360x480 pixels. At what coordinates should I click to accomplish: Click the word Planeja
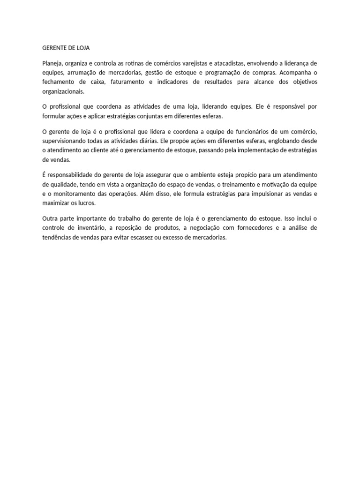point(52,63)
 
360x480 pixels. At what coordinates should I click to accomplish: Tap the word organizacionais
point(64,91)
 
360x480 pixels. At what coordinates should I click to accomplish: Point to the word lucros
point(86,203)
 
